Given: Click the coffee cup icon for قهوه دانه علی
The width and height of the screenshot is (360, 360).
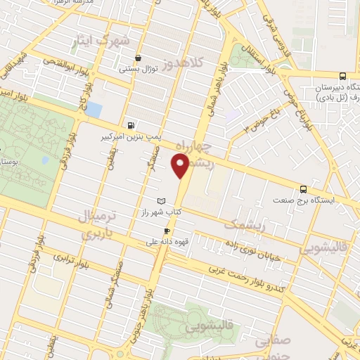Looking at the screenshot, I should (x=167, y=231).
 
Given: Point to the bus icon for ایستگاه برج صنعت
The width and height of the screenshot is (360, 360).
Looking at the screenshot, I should (x=303, y=188).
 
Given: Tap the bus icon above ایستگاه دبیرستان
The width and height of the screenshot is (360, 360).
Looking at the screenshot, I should (x=342, y=76).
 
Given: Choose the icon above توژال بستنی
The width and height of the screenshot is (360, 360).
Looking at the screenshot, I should (x=138, y=58).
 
